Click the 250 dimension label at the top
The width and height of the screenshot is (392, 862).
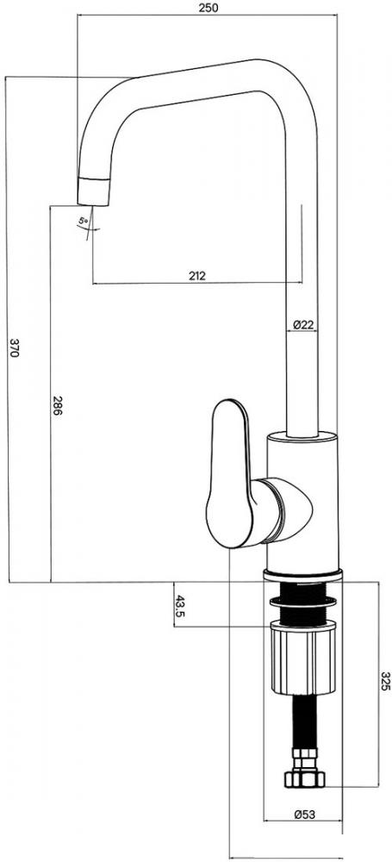pos(208,8)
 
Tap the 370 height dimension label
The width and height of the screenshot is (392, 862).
pos(15,348)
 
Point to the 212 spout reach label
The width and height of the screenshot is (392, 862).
pos(196,276)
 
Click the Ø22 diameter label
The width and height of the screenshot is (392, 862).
pos(303,324)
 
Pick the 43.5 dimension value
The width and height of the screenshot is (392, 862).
pos(180,606)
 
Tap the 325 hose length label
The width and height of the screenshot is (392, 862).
pos(385,681)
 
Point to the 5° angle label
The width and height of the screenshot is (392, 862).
pos(83,221)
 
